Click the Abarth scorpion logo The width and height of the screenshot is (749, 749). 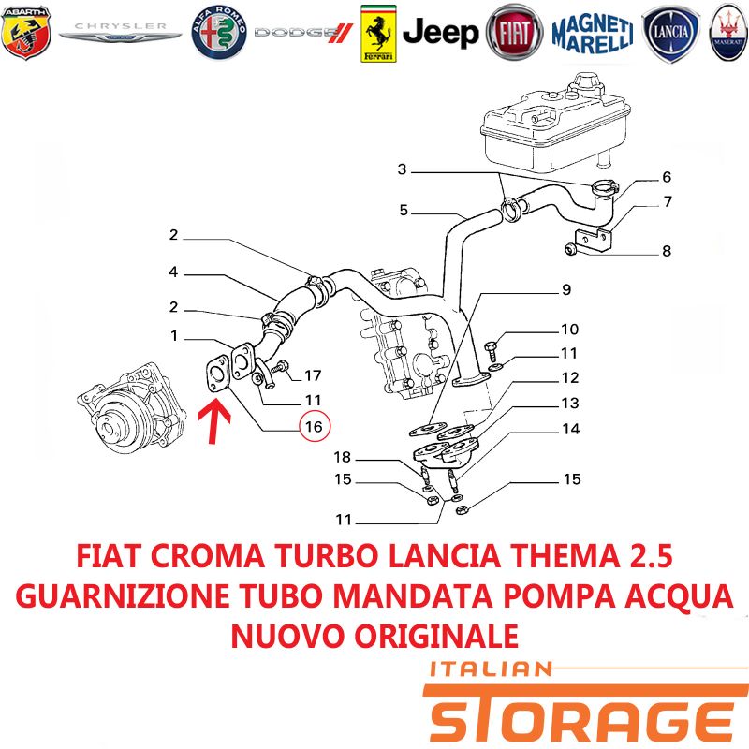pos(26,33)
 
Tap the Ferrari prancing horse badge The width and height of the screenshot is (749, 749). pos(378,34)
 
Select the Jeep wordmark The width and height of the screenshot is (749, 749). pos(440,33)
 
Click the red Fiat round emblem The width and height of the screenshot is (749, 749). pos(514,33)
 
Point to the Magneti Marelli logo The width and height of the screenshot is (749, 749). pos(593,34)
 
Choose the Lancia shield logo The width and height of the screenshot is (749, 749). pos(670,34)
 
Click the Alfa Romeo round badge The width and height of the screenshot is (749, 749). pos(219,33)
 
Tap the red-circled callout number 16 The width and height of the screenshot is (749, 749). pos(315,426)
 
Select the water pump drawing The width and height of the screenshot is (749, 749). pos(131,407)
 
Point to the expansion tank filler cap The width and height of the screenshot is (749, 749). pos(590,85)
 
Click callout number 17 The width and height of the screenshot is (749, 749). pos(313,376)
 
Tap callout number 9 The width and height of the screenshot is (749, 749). pos(566,289)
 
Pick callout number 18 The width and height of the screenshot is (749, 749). pos(342,457)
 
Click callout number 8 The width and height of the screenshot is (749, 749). pos(667,251)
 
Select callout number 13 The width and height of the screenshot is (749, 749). pos(570,404)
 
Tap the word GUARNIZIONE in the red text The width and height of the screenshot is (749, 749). pos(123,596)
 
